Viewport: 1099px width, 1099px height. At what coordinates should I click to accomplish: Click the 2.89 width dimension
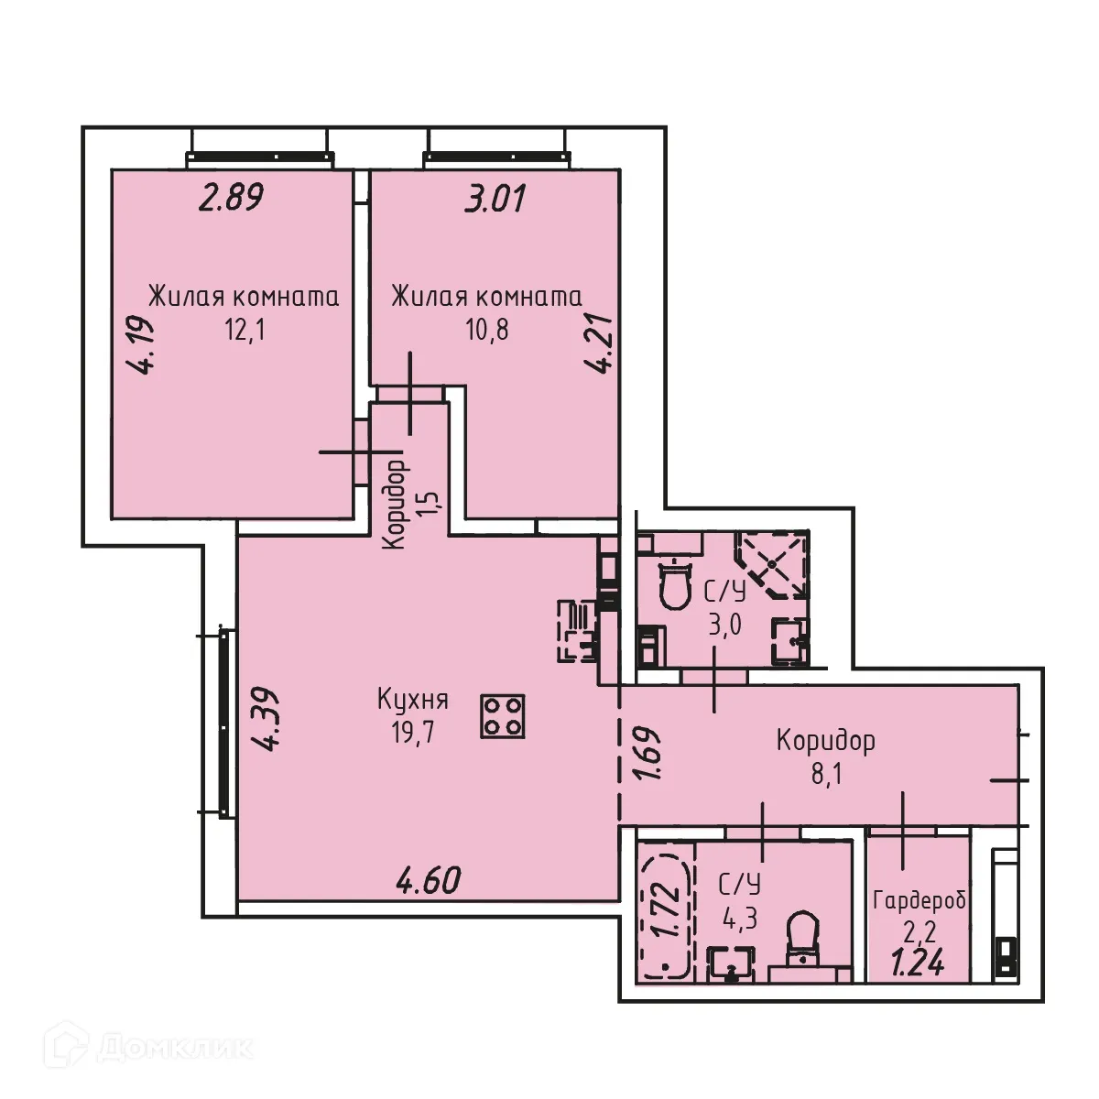(232, 198)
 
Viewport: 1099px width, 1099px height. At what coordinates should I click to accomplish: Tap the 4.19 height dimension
(141, 345)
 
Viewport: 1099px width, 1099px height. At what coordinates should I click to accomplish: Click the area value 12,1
(245, 329)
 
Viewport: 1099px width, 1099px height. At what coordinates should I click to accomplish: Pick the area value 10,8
(487, 329)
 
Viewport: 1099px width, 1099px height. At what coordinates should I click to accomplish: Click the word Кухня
(413, 701)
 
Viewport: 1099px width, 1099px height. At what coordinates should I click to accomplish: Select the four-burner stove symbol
(502, 716)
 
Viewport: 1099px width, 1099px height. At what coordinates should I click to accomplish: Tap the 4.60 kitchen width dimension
(428, 880)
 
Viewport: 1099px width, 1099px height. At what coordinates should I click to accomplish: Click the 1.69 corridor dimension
(648, 753)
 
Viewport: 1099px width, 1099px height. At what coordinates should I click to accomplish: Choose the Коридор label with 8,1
(825, 740)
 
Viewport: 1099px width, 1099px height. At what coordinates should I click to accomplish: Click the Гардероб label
(919, 899)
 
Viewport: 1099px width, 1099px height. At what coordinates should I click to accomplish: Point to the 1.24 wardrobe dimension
(919, 963)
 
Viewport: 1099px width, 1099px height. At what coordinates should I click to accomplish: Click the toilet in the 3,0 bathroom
(675, 584)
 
